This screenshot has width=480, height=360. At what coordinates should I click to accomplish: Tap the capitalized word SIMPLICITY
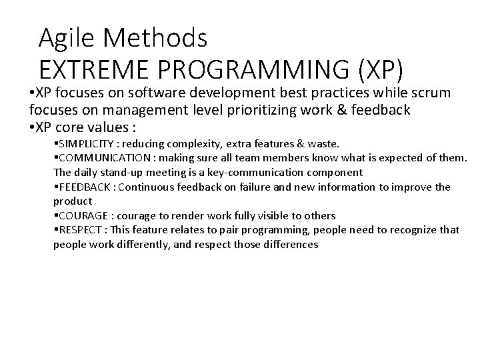pos(83,144)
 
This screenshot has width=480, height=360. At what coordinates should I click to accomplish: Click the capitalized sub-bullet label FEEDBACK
pos(83,187)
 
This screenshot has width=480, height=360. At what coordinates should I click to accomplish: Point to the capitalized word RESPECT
pos(79,230)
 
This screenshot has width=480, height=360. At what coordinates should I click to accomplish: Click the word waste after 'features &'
pos(323,144)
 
